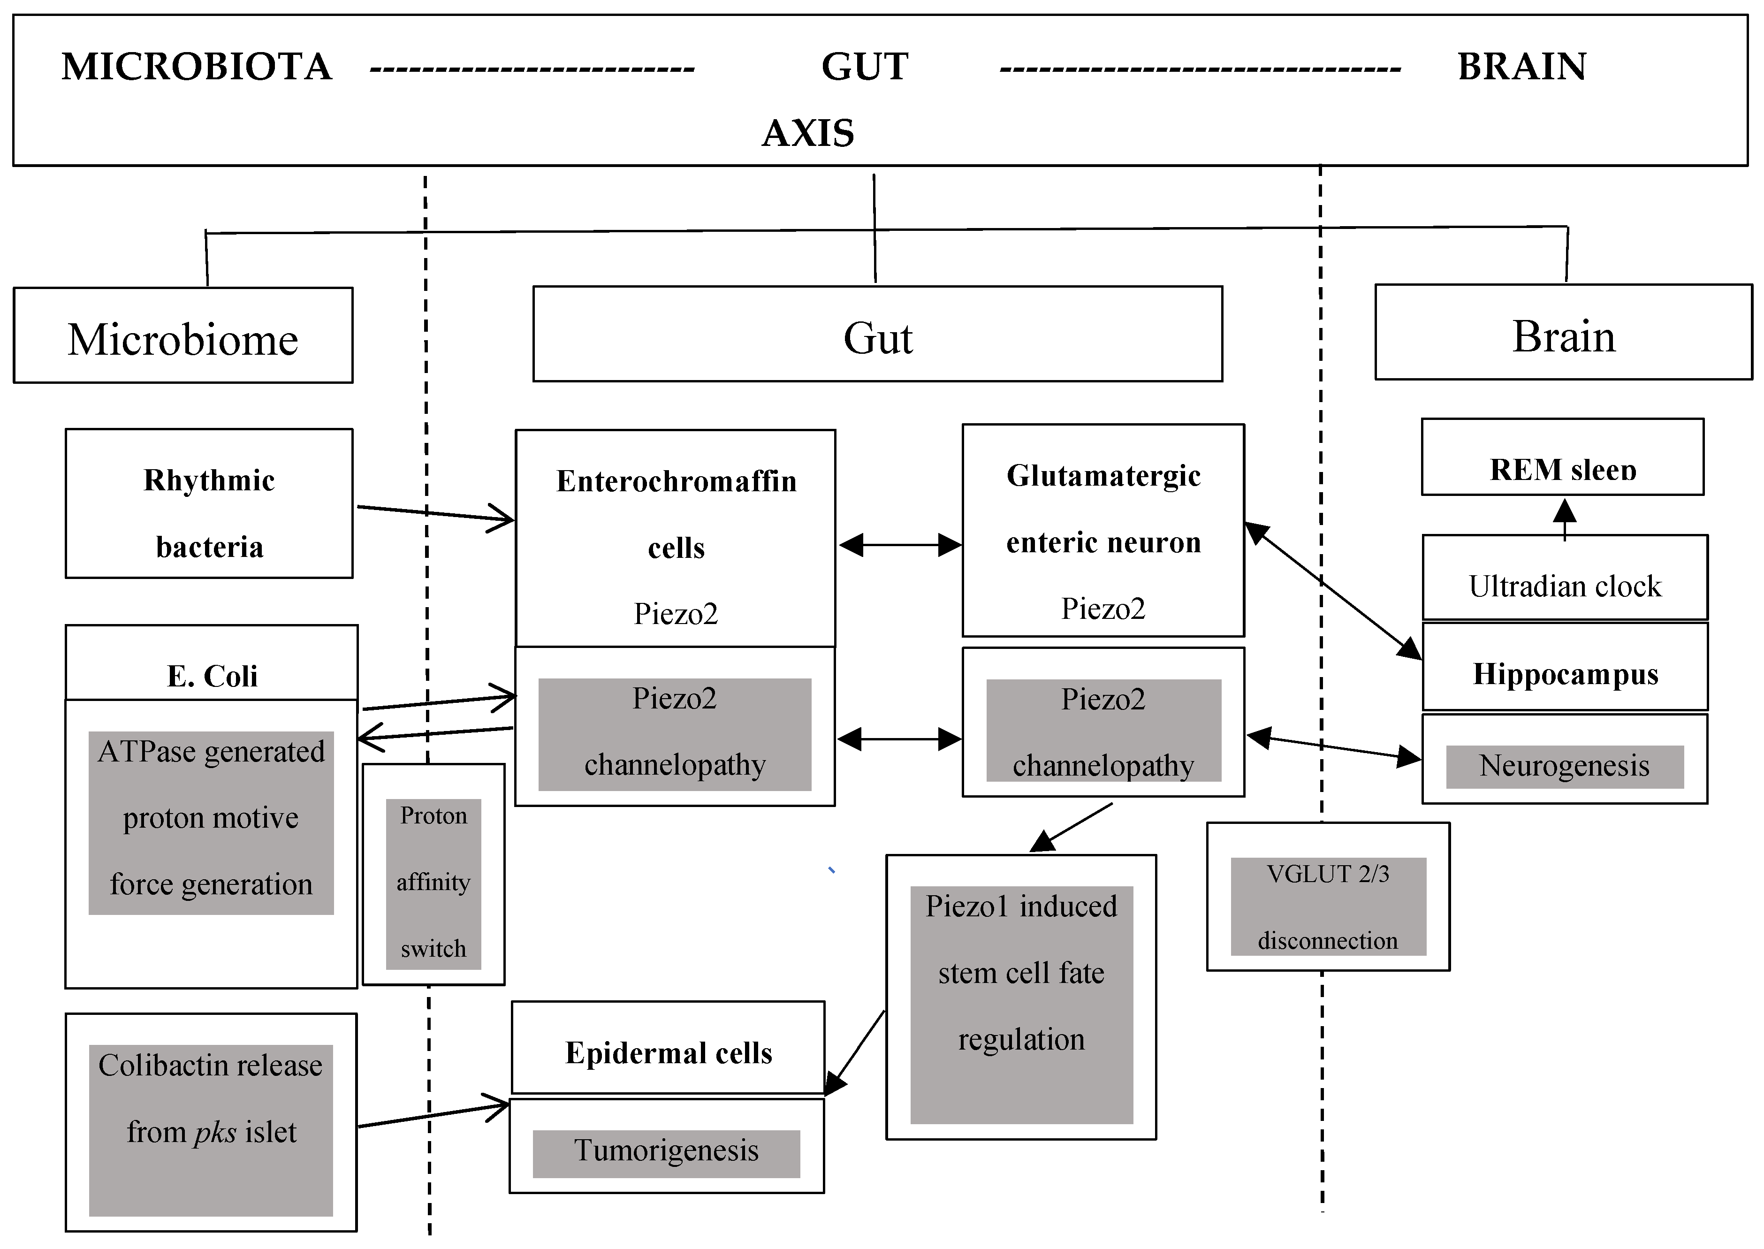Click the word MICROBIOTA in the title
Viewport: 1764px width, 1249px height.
pos(197,67)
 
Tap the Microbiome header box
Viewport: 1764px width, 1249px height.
pos(183,336)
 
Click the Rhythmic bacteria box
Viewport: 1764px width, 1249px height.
pos(209,504)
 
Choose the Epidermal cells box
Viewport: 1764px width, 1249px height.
pos(668,1051)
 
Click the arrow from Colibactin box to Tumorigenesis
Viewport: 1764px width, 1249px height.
pos(434,1115)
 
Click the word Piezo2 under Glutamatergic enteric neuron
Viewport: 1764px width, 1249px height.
pos(1102,609)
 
